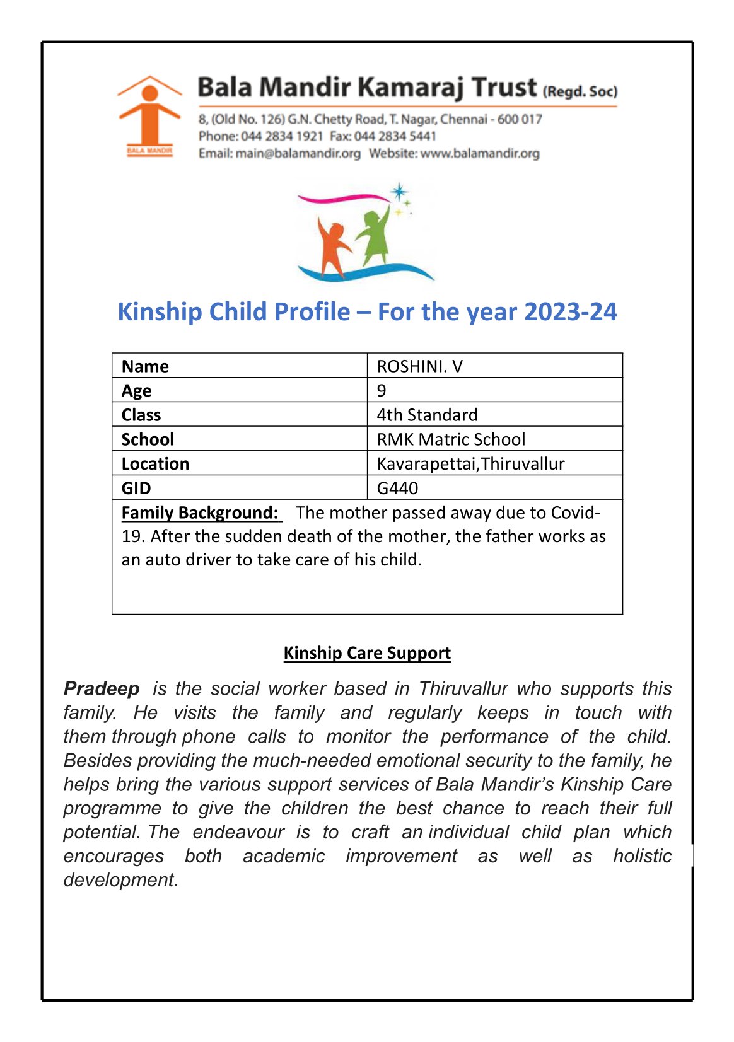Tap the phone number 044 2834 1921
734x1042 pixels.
pos(282,136)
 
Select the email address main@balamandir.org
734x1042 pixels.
pos(298,153)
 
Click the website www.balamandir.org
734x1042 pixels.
pos(480,153)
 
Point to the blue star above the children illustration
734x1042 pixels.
pos(399,192)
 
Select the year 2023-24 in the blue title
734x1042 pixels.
pos(570,312)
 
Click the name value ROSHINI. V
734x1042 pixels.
pos(419,366)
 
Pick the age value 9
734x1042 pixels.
pos(382,390)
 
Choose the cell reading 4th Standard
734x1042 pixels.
pos(427,415)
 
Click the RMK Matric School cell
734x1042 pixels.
pos(451,439)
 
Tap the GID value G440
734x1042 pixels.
pos(397,488)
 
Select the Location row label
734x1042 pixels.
pos(155,464)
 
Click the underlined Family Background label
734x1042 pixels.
pos(200,512)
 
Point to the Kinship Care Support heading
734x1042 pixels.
pos(367,652)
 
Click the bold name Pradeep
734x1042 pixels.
pos(102,688)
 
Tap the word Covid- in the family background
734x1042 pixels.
pos(575,512)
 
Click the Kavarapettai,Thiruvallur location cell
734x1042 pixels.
pos(470,464)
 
